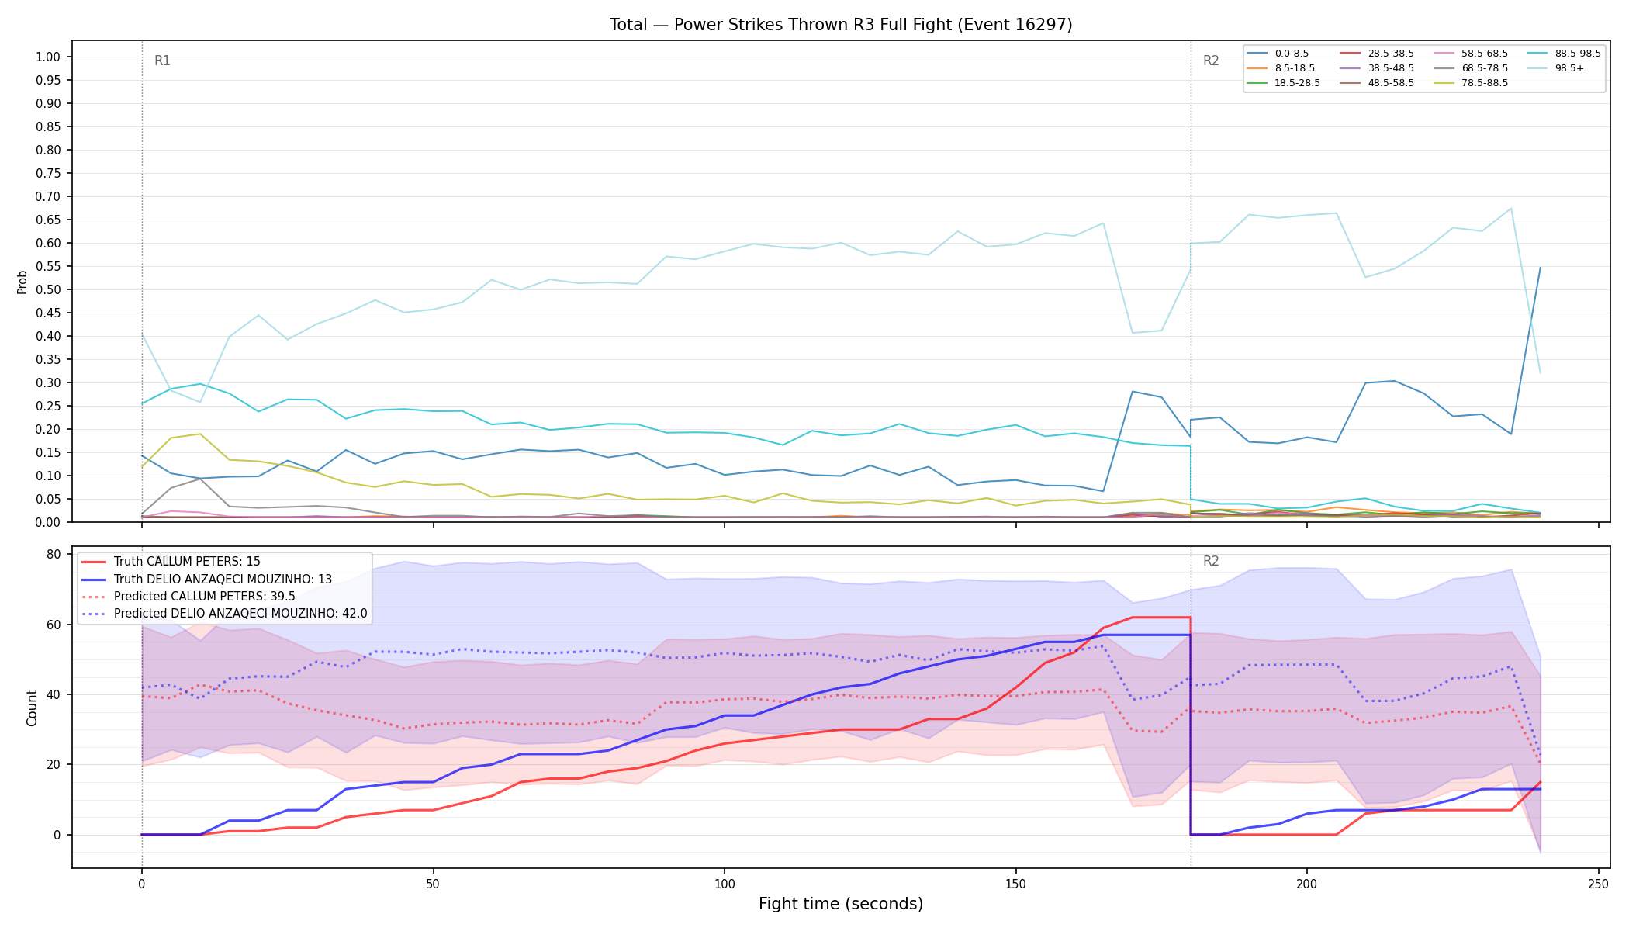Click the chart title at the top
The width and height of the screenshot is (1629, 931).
(841, 25)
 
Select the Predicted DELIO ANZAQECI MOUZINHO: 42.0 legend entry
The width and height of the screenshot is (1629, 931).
(224, 614)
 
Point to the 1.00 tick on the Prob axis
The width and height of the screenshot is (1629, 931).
(48, 57)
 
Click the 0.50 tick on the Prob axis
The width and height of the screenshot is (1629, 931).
(48, 289)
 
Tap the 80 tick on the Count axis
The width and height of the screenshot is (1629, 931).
(54, 554)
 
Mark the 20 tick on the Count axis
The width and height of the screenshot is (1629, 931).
(54, 764)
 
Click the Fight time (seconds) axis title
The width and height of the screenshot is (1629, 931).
(841, 904)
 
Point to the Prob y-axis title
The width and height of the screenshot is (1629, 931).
(22, 282)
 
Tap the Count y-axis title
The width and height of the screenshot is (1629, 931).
(32, 708)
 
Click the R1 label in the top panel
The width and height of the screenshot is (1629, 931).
(162, 61)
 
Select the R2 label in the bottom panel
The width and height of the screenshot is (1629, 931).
(1211, 561)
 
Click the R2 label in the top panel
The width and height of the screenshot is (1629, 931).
(1211, 61)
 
